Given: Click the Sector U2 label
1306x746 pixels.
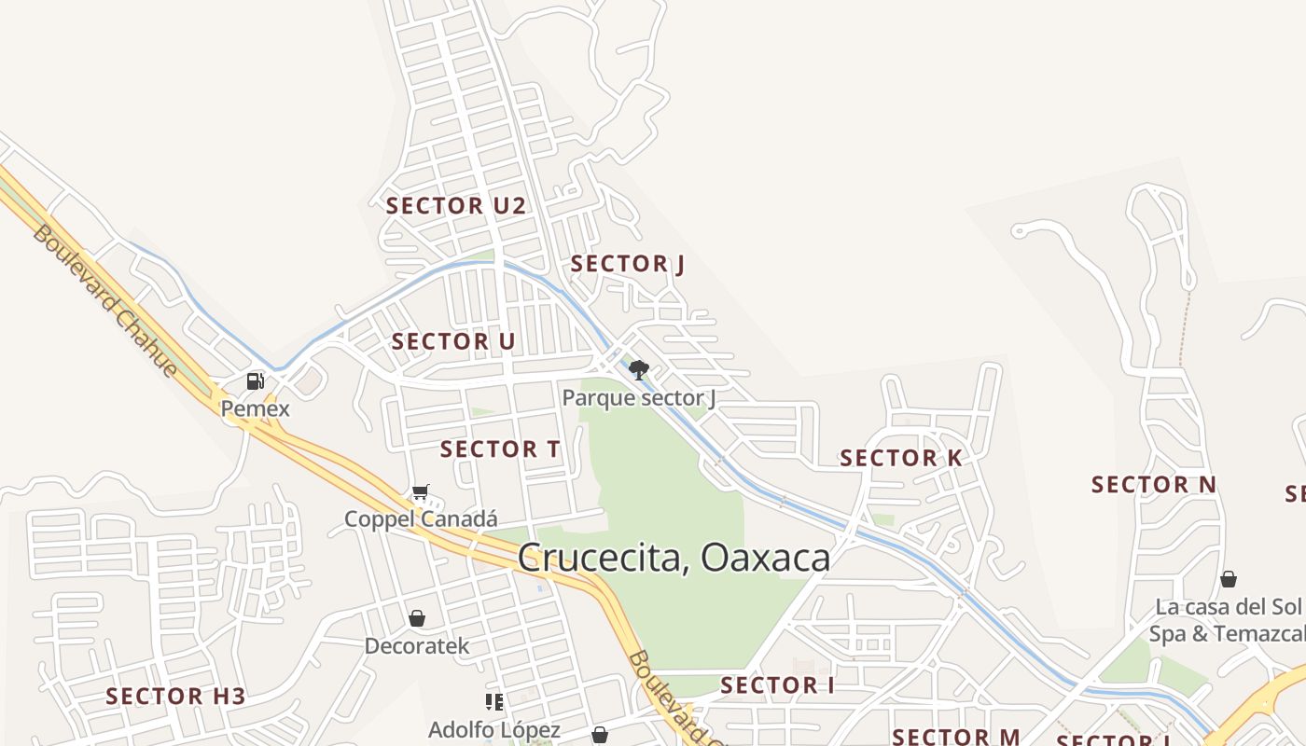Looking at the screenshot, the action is coord(456,206).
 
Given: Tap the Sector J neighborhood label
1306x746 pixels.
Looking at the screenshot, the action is coord(628,264).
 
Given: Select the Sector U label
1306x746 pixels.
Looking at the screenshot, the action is coord(453,341).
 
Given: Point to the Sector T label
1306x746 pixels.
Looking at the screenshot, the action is coord(500,449).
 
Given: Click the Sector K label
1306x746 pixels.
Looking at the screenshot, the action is coord(901,458).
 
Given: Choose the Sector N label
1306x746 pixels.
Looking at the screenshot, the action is coord(1154,485).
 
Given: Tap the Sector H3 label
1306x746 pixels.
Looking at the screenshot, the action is coord(175,697).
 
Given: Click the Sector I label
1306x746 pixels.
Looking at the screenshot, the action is coord(778,685).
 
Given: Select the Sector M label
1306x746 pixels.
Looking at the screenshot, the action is coord(956,737).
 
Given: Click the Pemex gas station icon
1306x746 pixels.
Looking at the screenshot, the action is coord(255,380).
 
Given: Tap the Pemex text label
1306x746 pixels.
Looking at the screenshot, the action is coord(255,408).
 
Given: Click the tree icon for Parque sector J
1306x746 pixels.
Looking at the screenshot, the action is coord(639,370).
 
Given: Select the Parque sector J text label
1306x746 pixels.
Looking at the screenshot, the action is coord(639,399).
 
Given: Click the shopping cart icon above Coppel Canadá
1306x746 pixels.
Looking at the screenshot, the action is coord(421,491).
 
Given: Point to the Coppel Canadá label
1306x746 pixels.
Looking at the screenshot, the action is coord(421,519).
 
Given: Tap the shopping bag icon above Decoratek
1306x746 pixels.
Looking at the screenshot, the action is coord(417,618).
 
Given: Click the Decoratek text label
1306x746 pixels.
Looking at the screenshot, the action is coord(417,646).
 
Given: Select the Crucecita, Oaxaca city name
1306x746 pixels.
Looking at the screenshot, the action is coord(674,558).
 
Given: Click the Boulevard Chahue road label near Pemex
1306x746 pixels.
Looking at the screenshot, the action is coord(104,300).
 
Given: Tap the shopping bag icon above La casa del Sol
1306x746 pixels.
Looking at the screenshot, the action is coord(1229,579).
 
